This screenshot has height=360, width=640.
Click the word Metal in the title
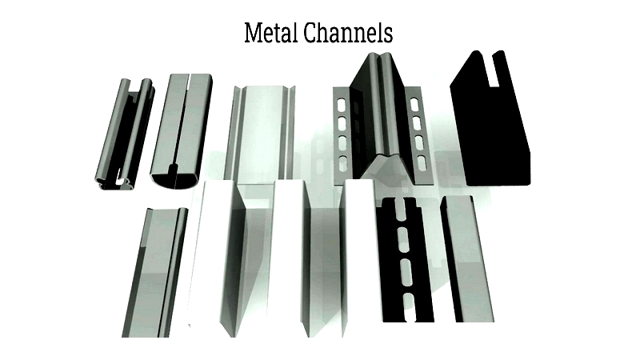270,34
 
